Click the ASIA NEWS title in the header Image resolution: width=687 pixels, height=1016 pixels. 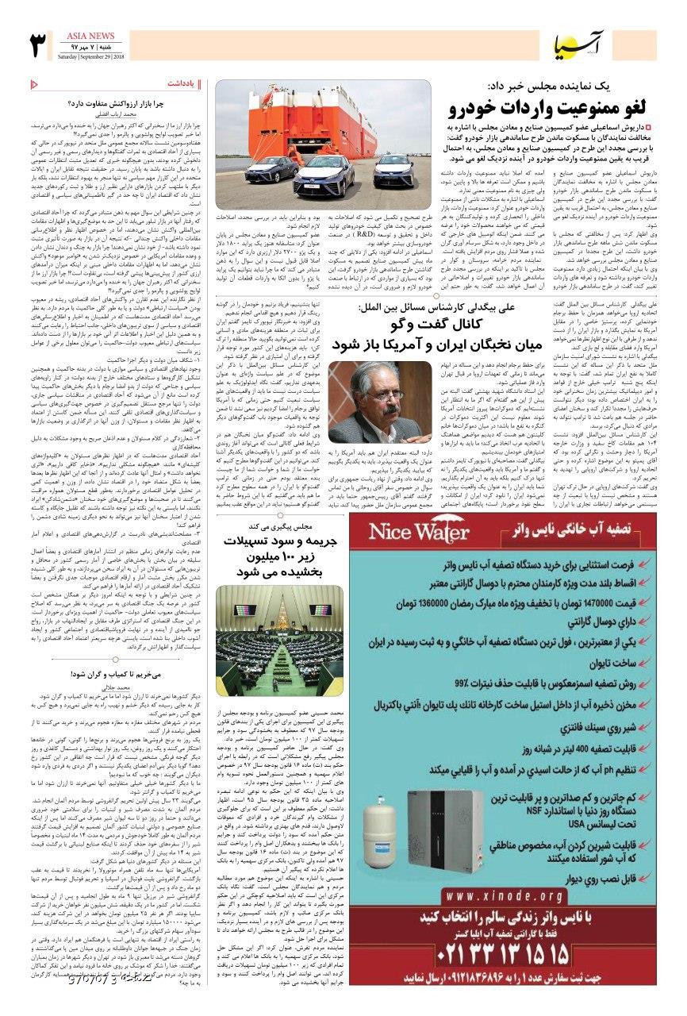coord(91,37)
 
